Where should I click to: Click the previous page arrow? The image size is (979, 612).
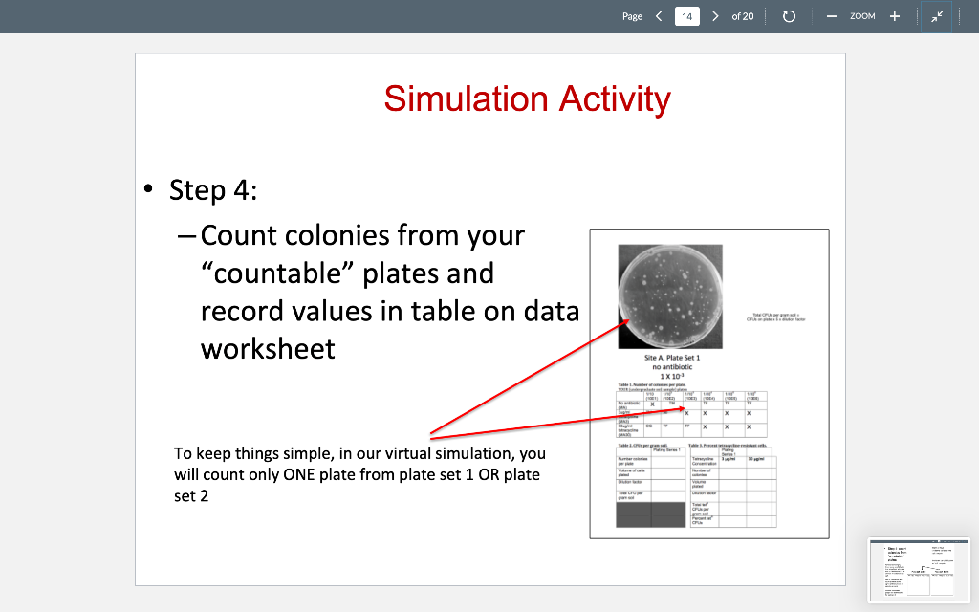659,16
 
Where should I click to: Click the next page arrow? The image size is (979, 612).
715,16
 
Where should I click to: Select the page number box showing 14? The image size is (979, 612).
687,16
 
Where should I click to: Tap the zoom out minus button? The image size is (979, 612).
831,16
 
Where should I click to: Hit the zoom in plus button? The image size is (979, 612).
895,16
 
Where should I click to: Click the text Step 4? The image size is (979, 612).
212,190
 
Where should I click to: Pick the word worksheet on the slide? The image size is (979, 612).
268,348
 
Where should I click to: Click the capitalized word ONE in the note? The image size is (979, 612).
302,473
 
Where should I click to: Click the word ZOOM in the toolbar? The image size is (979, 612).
862,16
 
